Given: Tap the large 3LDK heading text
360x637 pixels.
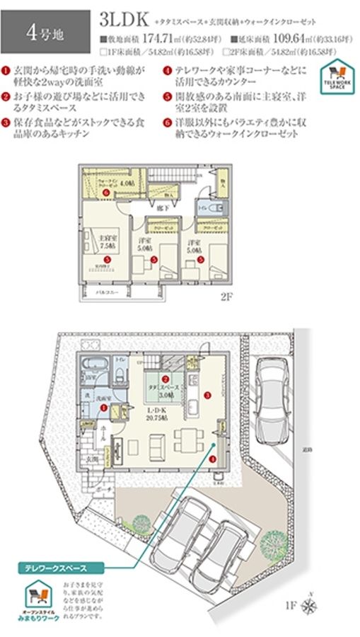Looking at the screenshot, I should coord(124,18).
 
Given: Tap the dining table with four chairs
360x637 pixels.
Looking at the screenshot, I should coord(185,442).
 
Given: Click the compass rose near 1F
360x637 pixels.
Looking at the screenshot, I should coord(309,604).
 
